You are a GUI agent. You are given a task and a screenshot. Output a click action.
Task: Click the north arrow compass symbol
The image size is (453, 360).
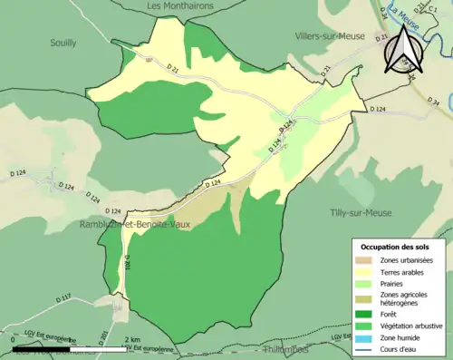[x=401, y=51]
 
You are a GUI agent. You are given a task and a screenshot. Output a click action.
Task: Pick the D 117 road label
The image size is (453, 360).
[x=63, y=297]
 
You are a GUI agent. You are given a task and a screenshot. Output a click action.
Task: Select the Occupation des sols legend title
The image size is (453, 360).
[x=395, y=247]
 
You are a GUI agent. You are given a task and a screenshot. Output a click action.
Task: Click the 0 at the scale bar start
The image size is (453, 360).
[x=13, y=340]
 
